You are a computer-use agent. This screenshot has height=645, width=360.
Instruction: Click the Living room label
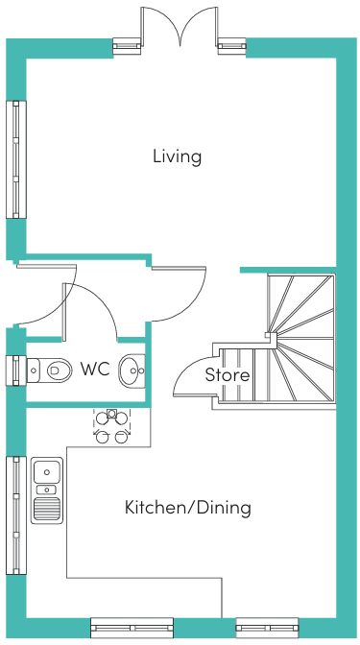pos(177,156)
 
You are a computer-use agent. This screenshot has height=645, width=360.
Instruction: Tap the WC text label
pos(95,369)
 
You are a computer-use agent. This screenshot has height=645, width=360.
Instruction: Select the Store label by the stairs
pos(228,374)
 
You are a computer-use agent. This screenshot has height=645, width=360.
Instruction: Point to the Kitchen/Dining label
pos(187,507)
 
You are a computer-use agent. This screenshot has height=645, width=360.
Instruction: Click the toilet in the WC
pos(50,370)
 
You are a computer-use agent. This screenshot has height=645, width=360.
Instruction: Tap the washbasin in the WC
pos(132,370)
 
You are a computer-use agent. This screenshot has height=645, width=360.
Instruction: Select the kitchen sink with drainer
pos(47,490)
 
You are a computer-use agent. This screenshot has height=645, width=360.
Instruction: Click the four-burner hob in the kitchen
pos(111,426)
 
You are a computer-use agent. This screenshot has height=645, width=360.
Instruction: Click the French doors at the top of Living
pos(180,26)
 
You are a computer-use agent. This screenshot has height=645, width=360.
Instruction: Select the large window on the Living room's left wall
pos(16,159)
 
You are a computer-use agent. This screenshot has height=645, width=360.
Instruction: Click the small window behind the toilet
pos(16,370)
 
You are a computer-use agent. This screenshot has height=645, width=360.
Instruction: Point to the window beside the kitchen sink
pos(16,515)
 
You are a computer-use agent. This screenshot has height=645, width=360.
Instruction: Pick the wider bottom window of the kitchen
pos(132,628)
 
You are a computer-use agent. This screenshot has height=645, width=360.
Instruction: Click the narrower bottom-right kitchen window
pos(267,628)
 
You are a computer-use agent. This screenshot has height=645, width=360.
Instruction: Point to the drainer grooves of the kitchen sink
pos(47,509)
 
